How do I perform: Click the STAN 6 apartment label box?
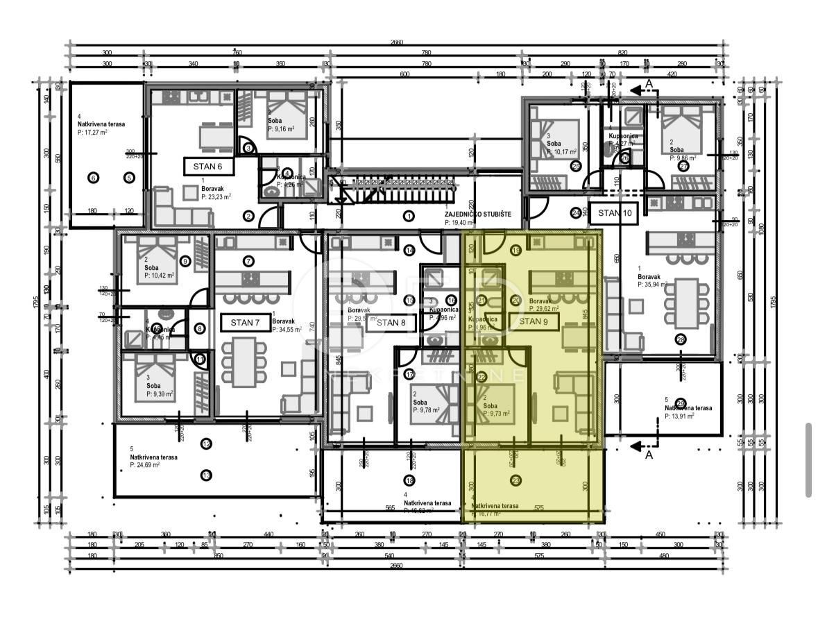208,167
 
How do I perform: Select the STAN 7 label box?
245,323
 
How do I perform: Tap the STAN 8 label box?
391,323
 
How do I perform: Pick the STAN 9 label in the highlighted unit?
534,321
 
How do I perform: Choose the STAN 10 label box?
614,214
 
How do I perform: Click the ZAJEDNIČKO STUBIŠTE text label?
478,214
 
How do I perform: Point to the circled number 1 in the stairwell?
409,216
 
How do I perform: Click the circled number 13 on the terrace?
206,475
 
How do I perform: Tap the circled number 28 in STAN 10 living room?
681,339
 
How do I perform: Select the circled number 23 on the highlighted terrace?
515,480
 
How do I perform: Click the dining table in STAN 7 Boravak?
243,362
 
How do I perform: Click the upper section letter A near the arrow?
649,84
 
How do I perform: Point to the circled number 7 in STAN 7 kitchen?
248,262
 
